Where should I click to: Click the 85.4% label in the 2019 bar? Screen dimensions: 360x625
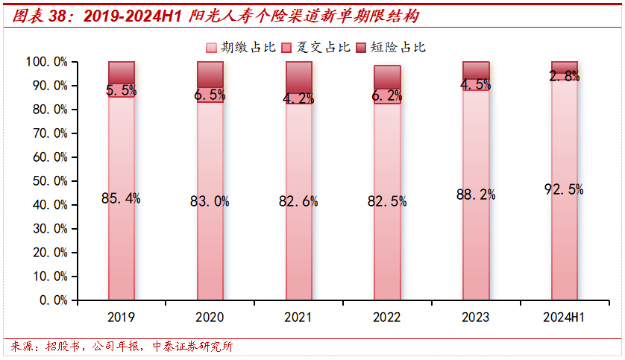(x=121, y=198)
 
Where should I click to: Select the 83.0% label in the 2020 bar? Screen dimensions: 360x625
(x=210, y=200)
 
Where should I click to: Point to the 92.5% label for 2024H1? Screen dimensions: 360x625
(x=564, y=189)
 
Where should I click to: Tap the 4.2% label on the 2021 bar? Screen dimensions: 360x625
(x=298, y=98)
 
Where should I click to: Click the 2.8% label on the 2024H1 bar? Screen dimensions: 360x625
(x=564, y=75)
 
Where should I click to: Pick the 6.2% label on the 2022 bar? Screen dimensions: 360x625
(x=387, y=95)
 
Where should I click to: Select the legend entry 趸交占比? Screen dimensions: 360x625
(x=315, y=47)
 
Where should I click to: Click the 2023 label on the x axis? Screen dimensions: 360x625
(x=475, y=318)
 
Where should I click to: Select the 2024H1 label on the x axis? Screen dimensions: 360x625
(x=564, y=318)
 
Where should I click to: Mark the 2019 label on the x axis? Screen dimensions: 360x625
(x=121, y=318)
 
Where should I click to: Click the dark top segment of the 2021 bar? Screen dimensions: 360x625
(x=298, y=76)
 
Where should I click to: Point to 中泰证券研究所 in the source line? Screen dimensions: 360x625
(x=192, y=347)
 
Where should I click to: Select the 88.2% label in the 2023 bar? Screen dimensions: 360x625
(x=475, y=195)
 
